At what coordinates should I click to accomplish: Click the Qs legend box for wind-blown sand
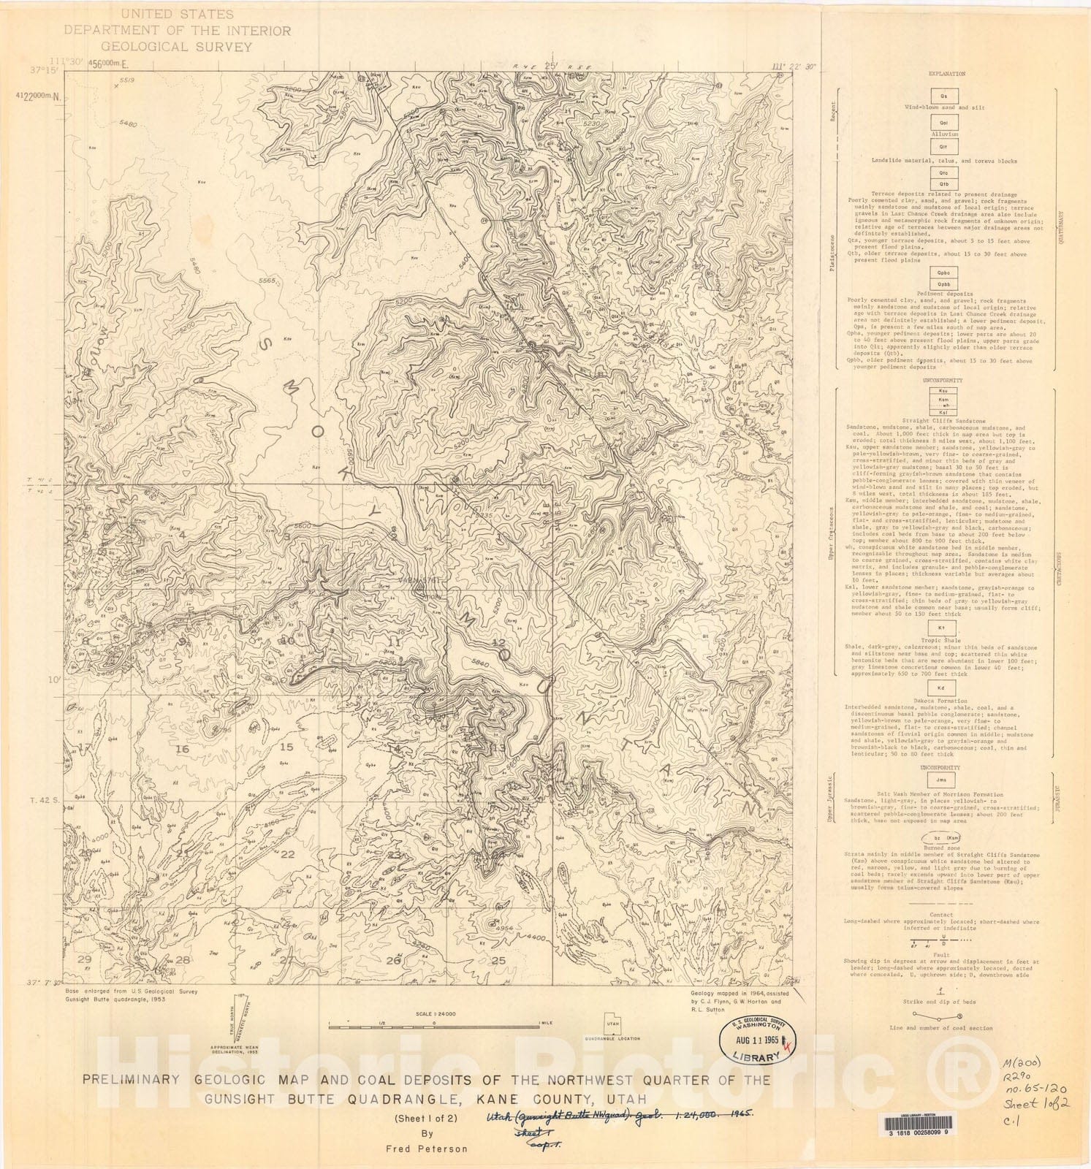[x=943, y=96]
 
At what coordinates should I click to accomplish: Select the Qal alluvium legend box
[x=943, y=123]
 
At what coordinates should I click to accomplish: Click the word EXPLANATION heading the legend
[x=946, y=74]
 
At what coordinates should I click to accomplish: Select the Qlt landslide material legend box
[x=943, y=147]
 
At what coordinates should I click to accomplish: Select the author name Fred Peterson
[x=427, y=1149]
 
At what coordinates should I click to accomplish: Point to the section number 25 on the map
[x=499, y=960]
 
